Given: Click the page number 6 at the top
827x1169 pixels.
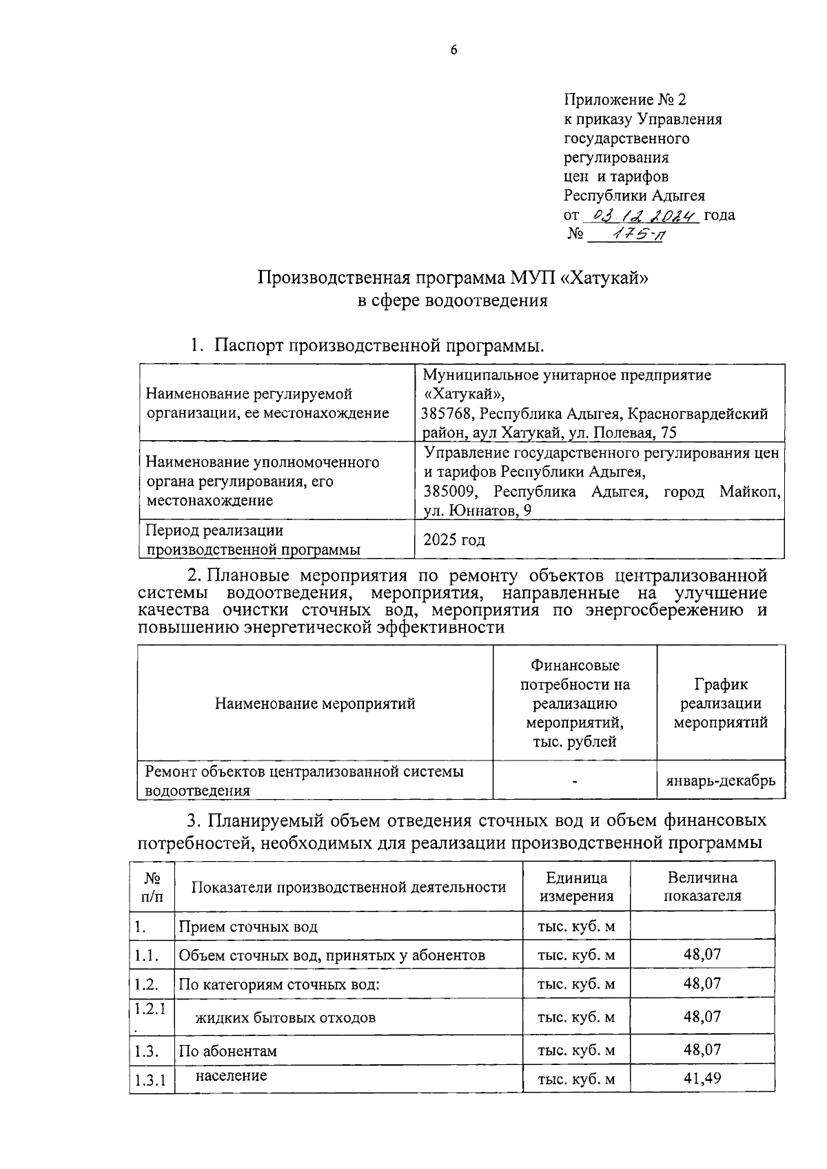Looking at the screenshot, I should pos(453,50).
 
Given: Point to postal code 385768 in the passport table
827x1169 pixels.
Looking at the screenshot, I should pos(448,414).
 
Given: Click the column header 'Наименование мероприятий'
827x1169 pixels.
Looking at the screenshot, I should pos(315,703).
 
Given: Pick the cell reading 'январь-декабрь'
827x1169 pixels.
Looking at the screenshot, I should pos(720,780).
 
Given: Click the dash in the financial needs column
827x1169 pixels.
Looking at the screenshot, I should pos(574,781).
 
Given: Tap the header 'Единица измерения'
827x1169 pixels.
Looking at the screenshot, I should pos(576,887).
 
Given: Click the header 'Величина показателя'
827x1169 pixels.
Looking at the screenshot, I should pos(702,887).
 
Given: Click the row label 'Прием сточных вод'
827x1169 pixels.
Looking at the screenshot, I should pos(248,927).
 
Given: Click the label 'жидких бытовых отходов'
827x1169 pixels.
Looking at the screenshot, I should pos(285,1017).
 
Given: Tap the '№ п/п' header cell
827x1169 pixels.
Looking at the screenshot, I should pos(152,887).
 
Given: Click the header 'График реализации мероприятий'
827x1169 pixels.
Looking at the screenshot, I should pos(720,703).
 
